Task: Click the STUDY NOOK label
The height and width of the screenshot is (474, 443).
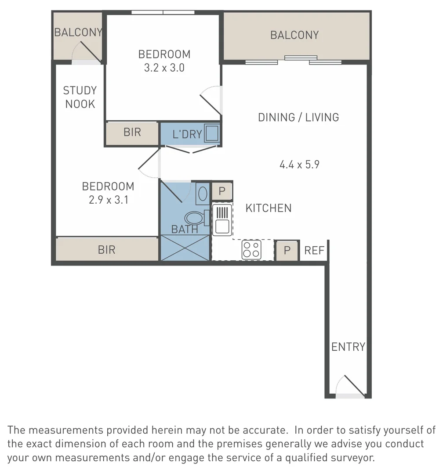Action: click(80, 97)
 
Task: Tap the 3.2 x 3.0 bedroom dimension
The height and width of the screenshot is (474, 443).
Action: click(164, 68)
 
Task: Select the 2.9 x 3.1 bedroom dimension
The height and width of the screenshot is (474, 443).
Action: click(109, 200)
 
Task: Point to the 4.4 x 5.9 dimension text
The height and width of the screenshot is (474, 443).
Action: click(299, 165)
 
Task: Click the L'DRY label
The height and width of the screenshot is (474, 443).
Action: click(187, 134)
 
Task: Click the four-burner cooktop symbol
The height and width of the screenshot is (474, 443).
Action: click(251, 250)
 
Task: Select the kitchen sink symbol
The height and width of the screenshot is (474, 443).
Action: click(222, 220)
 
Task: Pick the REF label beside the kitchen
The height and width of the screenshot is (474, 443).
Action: click(314, 250)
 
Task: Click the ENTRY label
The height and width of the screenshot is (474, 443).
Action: click(348, 347)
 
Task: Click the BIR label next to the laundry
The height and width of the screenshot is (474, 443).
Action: click(132, 132)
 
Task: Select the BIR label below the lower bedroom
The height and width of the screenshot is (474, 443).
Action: click(107, 250)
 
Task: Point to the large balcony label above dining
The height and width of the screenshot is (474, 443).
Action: click(294, 35)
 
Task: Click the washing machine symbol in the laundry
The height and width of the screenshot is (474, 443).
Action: click(212, 133)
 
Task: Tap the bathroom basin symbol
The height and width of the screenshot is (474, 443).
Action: click(203, 194)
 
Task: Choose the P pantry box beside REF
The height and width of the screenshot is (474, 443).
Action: click(287, 250)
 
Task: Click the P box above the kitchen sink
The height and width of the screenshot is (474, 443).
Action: click(222, 191)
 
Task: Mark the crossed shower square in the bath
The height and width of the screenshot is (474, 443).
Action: click(185, 248)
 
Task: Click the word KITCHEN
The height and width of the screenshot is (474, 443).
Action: click(268, 208)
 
